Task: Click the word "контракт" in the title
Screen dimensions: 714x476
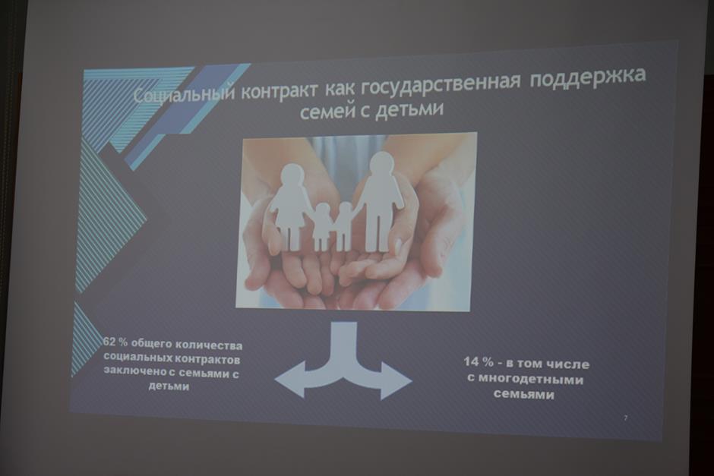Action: tap(278, 90)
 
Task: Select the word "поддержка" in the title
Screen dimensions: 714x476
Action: tap(588, 77)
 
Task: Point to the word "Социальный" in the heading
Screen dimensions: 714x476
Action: tap(185, 95)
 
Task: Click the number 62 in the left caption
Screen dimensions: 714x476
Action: tap(109, 342)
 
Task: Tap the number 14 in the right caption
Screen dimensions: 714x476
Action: tap(471, 362)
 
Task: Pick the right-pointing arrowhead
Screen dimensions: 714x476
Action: tap(396, 380)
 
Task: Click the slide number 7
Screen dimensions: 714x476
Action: tap(625, 418)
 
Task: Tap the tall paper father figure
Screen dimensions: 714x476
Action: tap(378, 202)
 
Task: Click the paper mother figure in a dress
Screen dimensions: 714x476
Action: tap(290, 207)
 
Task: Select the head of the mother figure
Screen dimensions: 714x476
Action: tap(291, 176)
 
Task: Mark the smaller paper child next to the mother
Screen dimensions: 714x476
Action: tap(322, 227)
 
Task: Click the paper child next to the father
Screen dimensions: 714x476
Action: tap(344, 227)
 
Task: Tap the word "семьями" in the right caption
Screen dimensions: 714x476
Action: tap(523, 394)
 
